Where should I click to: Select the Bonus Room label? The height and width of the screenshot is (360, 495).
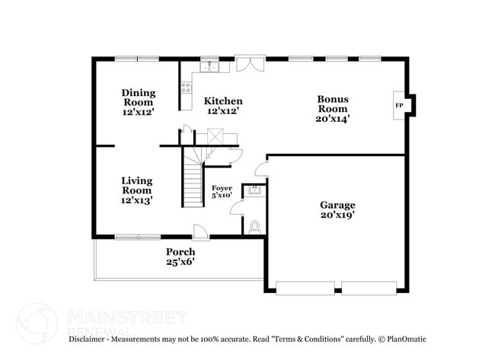tap(333, 104)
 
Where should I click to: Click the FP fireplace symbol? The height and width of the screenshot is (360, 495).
tap(398, 105)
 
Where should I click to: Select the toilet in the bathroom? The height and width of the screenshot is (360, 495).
tap(254, 226)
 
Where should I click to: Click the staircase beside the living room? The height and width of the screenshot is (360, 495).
tap(192, 179)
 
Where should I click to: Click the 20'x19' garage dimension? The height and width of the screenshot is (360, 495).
tap(337, 215)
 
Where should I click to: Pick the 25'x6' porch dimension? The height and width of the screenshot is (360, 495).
tap(180, 263)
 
